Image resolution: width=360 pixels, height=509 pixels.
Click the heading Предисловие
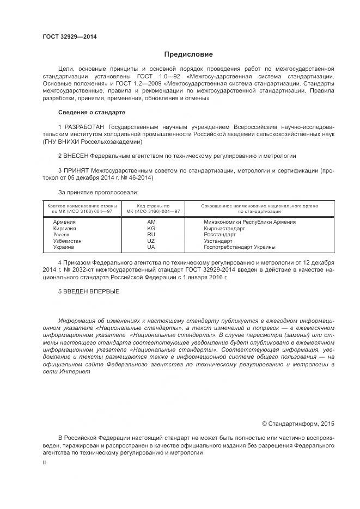(x=188, y=54)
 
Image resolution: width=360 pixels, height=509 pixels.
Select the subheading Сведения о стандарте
(x=91, y=112)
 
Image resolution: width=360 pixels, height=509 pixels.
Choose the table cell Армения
(x=65, y=222)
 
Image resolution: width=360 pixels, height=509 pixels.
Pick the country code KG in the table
(x=151, y=229)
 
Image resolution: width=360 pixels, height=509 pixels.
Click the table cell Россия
(x=61, y=235)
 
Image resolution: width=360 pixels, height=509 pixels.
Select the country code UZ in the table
(x=151, y=241)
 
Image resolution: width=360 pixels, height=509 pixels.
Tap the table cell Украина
(x=64, y=247)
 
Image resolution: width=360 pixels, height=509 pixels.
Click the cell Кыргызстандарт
(x=224, y=229)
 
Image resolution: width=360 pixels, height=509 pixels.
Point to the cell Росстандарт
(x=219, y=235)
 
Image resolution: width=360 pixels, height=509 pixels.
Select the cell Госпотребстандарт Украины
(x=239, y=247)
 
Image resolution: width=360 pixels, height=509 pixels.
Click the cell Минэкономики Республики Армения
(x=249, y=222)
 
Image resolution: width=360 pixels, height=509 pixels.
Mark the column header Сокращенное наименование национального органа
(x=259, y=206)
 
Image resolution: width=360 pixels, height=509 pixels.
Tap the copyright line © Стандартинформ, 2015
(x=298, y=423)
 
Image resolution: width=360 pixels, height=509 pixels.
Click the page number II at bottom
(x=45, y=462)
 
